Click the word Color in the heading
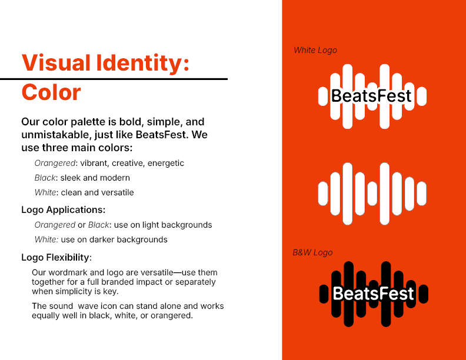coord(51,92)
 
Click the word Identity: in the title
coord(142,63)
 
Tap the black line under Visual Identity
coord(114,79)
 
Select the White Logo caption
coord(315,50)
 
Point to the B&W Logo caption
coord(312,252)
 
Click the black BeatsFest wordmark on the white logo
coord(371,96)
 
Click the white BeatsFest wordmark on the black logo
coord(373,294)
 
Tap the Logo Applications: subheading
coord(64,210)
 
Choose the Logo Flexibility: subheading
coord(56,257)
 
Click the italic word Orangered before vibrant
coord(55,163)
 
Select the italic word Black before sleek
coord(45,178)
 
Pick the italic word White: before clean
coord(45,192)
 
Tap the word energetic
coord(166,163)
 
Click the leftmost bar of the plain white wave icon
coord(323,194)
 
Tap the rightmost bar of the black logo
coord(423,294)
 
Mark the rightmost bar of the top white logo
coord(422,96)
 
